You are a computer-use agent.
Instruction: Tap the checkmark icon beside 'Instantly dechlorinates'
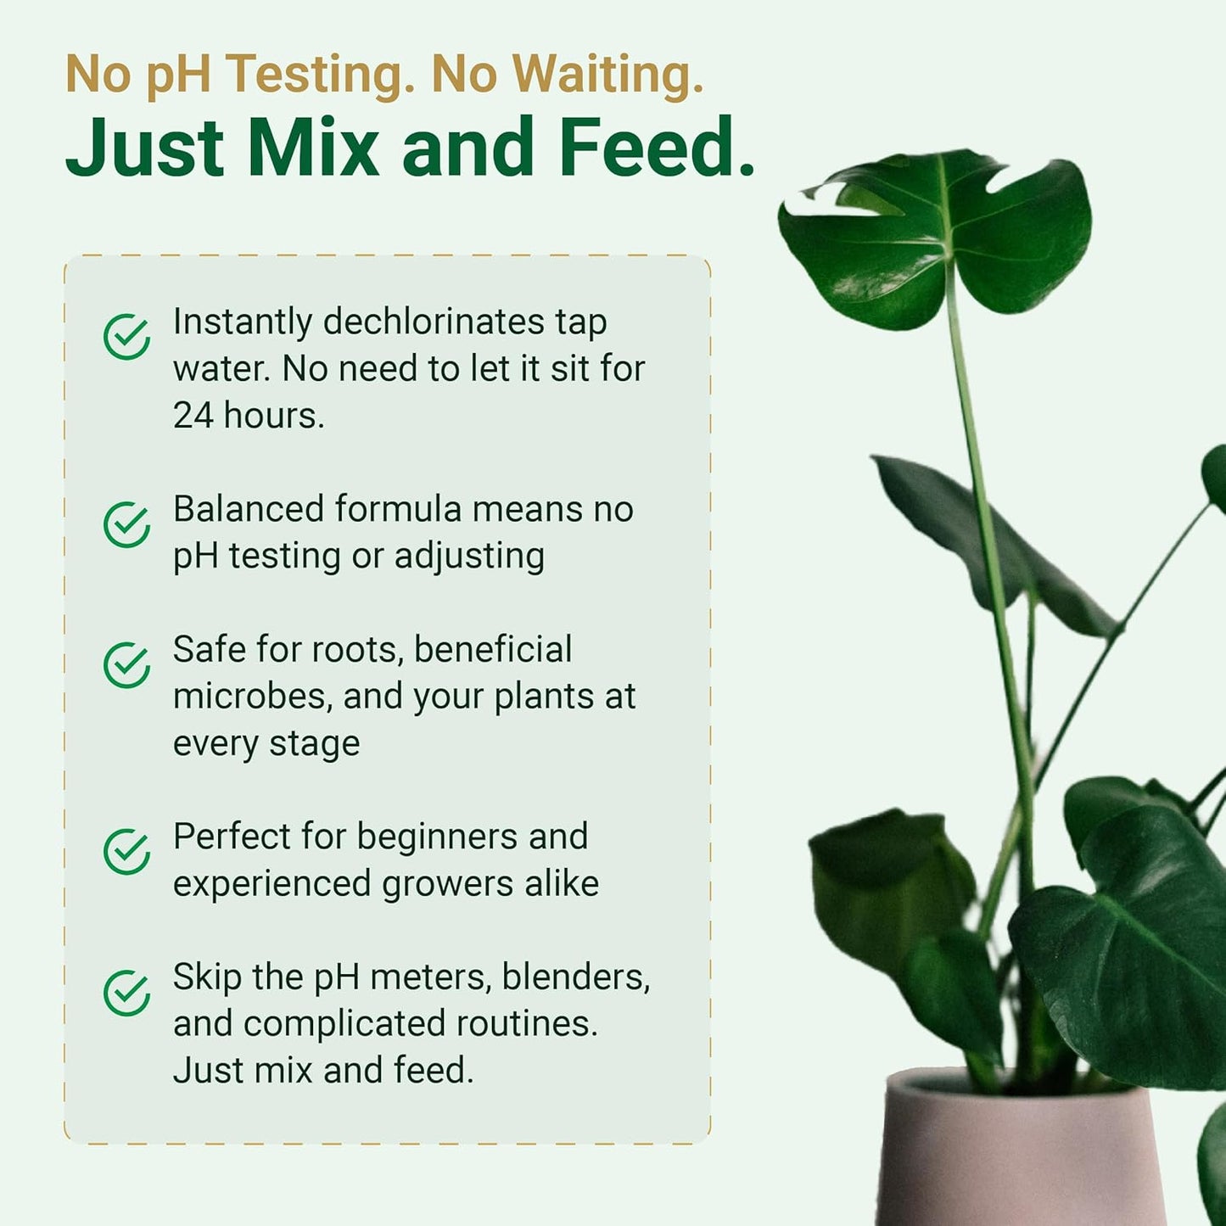127,337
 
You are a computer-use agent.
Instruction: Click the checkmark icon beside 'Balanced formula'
127,524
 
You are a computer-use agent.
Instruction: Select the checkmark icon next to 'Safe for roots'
127,664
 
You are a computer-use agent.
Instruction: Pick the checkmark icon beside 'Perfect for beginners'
127,852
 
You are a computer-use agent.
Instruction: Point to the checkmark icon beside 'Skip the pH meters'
127,993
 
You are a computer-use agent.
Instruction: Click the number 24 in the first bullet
193,416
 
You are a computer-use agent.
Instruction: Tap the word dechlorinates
434,322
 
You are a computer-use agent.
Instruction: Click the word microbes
252,697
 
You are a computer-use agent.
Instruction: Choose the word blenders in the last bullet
575,977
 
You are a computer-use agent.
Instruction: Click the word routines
526,1024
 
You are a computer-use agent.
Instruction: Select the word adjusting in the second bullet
469,557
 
